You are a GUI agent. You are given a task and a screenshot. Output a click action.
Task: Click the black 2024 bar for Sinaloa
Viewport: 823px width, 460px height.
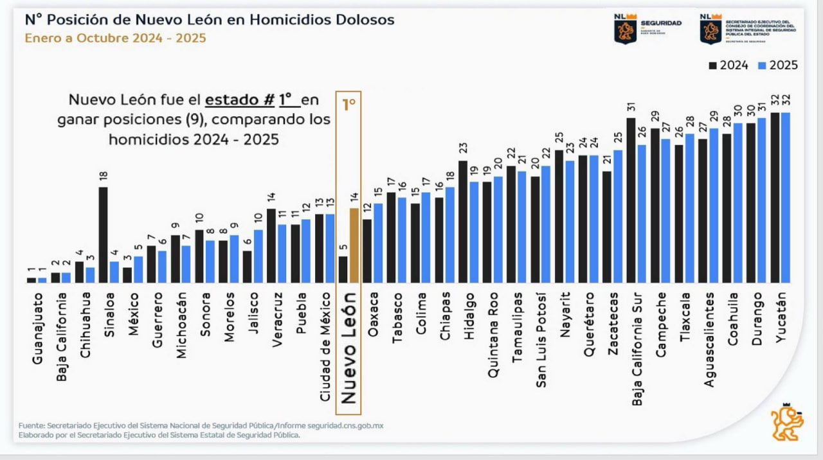coord(104,234)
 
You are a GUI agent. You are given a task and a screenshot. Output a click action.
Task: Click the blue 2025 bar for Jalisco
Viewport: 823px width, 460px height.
coord(258,256)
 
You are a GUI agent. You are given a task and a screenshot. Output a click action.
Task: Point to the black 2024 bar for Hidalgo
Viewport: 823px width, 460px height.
coord(463,222)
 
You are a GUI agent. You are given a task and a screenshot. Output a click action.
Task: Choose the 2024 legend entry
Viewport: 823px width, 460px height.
coord(728,65)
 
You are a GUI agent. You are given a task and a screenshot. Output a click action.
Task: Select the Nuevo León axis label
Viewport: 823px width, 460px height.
coord(348,348)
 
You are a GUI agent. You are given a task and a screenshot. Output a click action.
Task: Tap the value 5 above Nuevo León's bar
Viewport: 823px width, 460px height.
coord(343,248)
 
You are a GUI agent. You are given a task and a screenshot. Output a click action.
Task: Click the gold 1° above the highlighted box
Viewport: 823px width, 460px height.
coord(348,104)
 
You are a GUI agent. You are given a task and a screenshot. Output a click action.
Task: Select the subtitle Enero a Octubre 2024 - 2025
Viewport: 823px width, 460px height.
coord(116,38)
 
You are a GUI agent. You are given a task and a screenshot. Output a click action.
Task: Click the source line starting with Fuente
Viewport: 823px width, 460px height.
coord(201,426)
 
